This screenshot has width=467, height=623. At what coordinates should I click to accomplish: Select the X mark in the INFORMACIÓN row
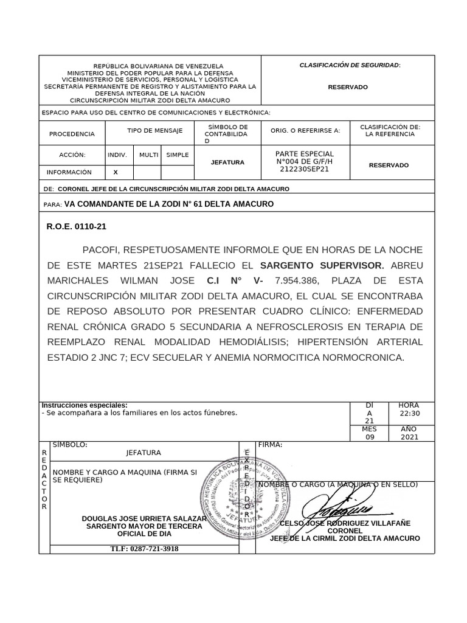pos(116,172)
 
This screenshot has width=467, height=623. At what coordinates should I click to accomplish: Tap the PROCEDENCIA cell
pos(72,134)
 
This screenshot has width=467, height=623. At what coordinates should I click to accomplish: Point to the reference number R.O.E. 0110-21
pos(77,226)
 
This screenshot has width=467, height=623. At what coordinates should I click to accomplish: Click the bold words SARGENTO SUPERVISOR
pos(322,265)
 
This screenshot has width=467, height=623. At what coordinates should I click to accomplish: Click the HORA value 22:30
pos(409,414)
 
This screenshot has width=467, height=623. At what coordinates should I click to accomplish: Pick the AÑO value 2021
pos(409,436)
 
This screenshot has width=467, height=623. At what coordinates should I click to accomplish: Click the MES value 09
pos(370,436)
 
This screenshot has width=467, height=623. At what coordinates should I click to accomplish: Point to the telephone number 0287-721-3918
pos(144,548)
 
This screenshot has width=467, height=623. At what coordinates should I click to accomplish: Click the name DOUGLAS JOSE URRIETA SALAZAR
pos(144,518)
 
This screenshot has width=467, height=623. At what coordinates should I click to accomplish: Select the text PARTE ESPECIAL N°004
pos(305,157)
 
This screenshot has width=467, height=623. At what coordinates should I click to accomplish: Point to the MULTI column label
pos(148,155)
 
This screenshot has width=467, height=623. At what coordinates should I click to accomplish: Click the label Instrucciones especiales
pos(85,405)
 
